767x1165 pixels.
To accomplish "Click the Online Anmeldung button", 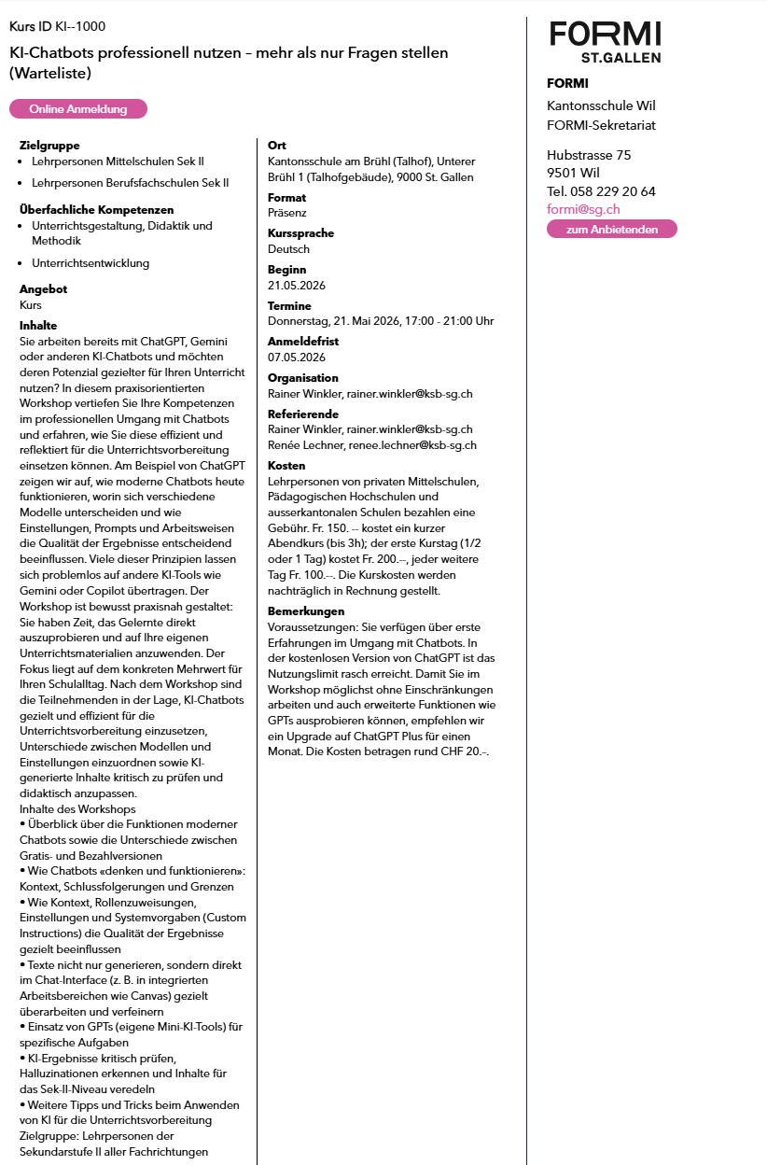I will (x=78, y=109).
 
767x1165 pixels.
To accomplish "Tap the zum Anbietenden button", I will (x=611, y=229).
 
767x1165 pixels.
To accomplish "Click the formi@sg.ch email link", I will (x=583, y=210).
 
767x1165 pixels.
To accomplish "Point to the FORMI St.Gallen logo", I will (x=605, y=40).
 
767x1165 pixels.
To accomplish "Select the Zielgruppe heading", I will (x=49, y=146).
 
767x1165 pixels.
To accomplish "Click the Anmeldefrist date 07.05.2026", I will (x=297, y=358).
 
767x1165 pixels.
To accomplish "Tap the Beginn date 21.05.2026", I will (x=297, y=286).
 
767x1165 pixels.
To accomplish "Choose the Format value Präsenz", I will (x=287, y=213).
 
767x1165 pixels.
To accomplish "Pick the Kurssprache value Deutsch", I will (x=288, y=249).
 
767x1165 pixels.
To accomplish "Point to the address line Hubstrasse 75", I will (x=589, y=155).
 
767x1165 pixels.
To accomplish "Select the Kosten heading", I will (x=286, y=466).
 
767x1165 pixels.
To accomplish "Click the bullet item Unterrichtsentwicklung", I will (x=91, y=263).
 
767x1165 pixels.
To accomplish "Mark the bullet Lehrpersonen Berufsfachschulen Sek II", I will (x=130, y=183).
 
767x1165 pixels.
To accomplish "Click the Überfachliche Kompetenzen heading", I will (x=97, y=210).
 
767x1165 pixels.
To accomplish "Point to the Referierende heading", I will (x=302, y=414).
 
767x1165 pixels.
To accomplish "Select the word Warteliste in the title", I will (x=58, y=73).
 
